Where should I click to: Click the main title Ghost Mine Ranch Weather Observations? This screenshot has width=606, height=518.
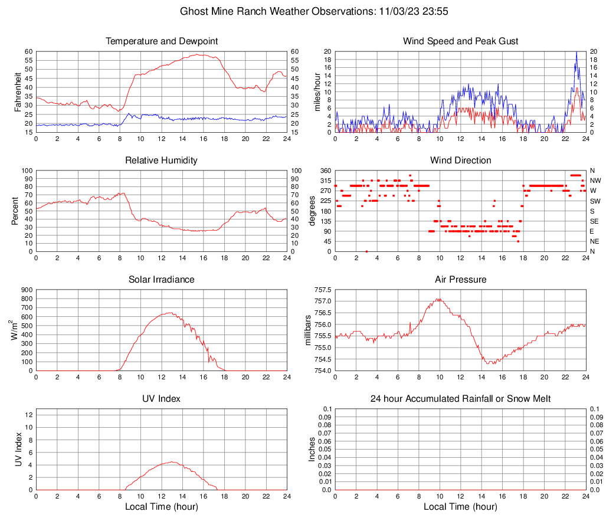coord(302,11)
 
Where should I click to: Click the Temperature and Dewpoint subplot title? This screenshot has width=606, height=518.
coord(162,41)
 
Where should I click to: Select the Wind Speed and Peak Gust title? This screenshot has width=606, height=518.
coord(460,41)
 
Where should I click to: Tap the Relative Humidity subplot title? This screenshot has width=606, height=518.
coord(162,160)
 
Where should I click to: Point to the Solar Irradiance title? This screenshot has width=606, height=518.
coord(162,280)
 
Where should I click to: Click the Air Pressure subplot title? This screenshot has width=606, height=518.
coord(460,280)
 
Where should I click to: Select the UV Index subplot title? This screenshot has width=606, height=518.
coord(162,399)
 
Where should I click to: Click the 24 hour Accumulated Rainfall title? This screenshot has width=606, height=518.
coord(460,399)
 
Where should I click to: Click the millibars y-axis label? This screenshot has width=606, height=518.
coord(307,330)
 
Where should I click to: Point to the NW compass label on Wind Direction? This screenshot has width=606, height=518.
coord(595,181)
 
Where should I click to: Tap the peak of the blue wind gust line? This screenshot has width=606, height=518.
coord(576,53)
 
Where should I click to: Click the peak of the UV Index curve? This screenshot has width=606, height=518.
coord(172,462)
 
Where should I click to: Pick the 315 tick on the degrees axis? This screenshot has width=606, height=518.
coord(325,181)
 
